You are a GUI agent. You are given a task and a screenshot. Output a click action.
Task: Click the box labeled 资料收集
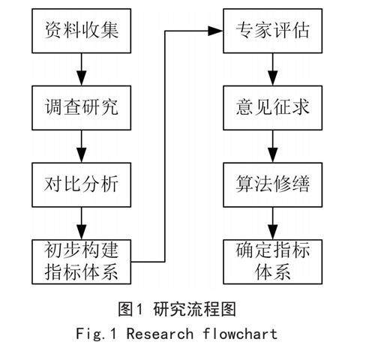(81, 31)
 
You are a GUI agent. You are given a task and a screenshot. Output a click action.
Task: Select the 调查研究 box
(81, 108)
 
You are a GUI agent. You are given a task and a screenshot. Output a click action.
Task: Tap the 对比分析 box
(81, 184)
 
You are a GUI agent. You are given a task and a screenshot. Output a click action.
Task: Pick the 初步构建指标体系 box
(81, 262)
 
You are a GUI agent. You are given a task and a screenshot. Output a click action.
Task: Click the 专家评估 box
(272, 31)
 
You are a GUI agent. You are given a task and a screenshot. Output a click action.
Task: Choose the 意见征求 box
(272, 108)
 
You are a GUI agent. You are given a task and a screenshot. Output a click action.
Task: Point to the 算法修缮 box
(272, 184)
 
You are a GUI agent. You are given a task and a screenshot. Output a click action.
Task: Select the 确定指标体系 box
(272, 262)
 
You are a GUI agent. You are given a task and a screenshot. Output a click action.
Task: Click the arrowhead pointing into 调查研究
(81, 78)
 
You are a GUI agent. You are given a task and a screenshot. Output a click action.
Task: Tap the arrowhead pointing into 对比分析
(81, 155)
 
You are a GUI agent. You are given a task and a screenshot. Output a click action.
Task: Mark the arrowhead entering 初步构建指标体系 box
(81, 232)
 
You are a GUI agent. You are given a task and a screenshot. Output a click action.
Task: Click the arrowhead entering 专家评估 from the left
(215, 31)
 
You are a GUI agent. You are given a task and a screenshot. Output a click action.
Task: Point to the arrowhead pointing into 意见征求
(272, 78)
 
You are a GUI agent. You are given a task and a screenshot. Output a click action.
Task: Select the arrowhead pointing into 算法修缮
(272, 155)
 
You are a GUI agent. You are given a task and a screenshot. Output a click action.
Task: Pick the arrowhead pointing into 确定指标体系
(272, 232)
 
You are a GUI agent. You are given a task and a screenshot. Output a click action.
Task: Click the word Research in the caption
(160, 334)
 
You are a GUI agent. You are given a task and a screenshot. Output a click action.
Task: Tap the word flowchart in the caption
(240, 334)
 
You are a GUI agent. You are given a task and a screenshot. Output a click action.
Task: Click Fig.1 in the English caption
(96, 334)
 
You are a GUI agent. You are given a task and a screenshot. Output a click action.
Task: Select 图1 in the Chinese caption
(130, 309)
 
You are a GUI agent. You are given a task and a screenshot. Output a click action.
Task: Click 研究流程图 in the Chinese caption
(194, 309)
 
